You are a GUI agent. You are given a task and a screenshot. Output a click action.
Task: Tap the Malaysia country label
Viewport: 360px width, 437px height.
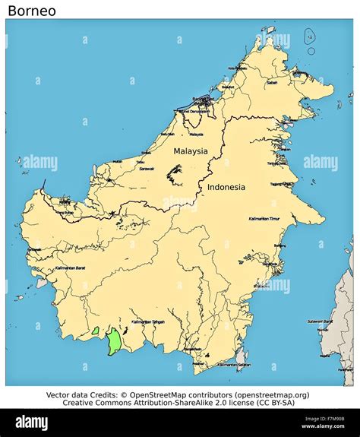[190, 150]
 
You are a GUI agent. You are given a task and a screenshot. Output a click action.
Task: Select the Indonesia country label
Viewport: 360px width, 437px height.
[226, 187]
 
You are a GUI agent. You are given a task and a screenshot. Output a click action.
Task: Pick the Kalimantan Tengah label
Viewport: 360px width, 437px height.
[147, 321]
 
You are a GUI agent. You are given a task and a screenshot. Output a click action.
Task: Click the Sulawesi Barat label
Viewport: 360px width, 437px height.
[320, 321]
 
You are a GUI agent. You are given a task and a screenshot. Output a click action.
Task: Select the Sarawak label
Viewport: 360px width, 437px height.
[146, 169]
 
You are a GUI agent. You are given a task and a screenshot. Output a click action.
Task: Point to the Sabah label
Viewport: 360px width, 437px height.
[272, 83]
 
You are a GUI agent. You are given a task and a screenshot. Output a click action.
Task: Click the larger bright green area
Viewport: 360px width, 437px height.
[114, 340]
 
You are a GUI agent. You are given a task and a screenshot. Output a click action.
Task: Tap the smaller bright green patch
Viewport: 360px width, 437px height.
[96, 331]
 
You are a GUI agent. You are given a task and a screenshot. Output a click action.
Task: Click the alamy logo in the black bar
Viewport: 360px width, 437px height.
[33, 423]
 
